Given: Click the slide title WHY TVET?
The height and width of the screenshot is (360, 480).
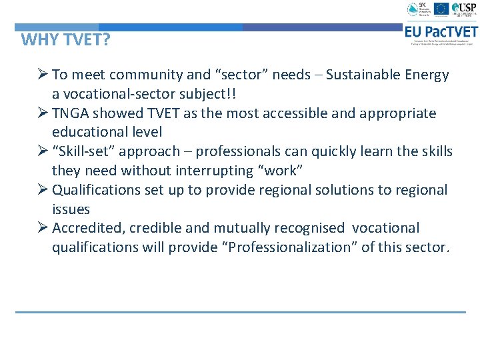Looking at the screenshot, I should coord(65,40).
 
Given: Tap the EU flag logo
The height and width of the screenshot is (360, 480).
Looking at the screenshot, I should coord(441,9).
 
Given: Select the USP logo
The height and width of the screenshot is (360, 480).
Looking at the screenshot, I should coord(464,9).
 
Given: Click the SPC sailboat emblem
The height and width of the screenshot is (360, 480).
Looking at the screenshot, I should coord(413,9).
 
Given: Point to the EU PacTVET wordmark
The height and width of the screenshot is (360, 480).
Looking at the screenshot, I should coord(441,31).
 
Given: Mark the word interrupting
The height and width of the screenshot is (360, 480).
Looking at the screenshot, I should coord(216,171).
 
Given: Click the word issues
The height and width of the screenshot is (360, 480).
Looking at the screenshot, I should coord(71,209).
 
